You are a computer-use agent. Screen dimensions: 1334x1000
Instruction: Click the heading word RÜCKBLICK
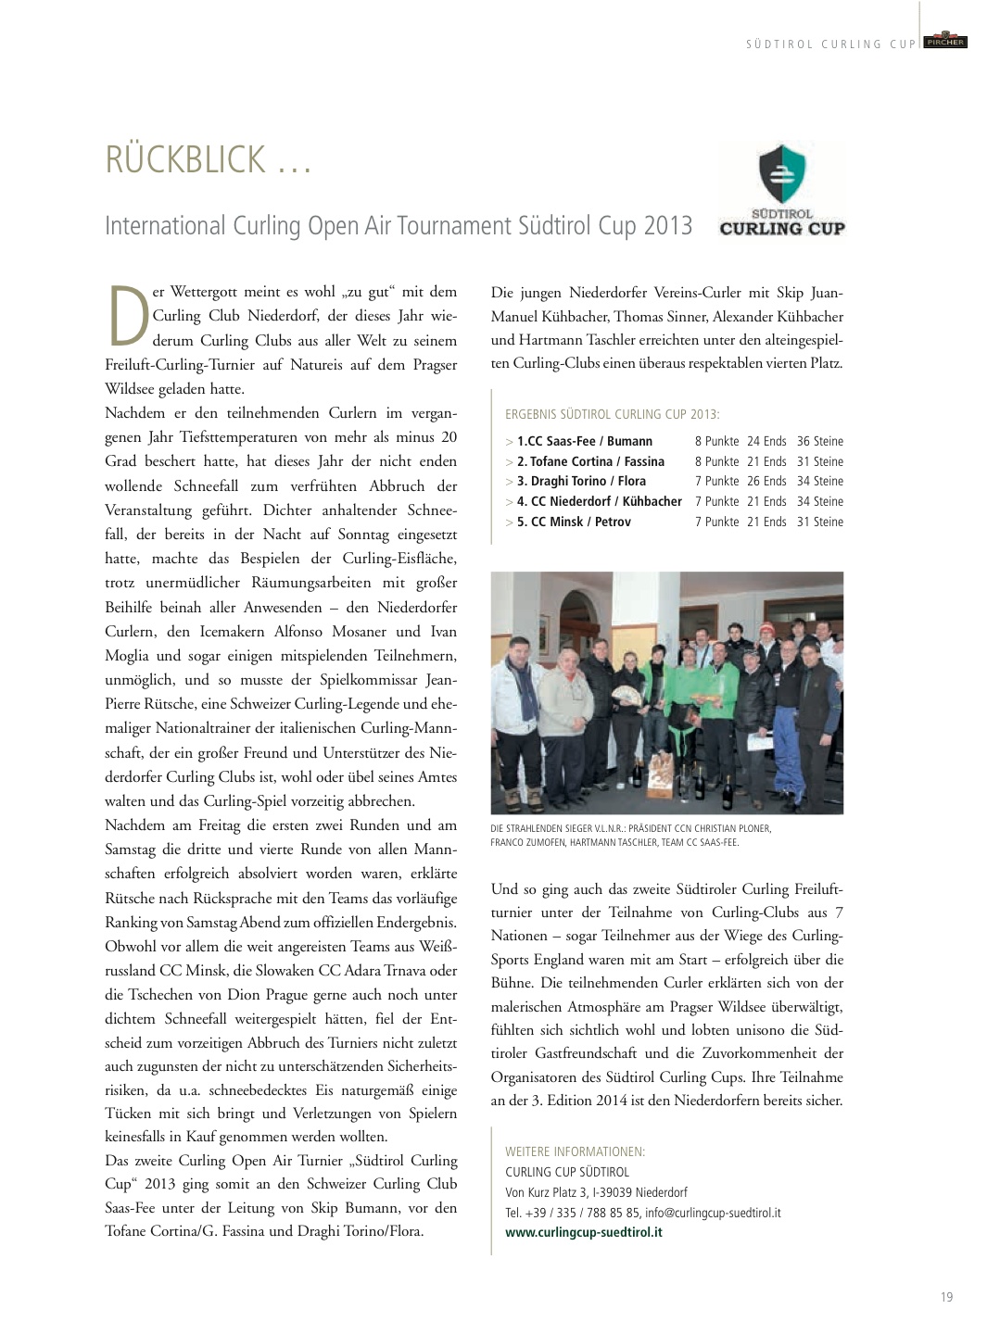tap(185, 159)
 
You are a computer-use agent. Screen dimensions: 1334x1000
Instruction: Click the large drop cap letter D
tap(127, 317)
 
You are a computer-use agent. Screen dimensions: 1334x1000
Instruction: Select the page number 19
tap(946, 1297)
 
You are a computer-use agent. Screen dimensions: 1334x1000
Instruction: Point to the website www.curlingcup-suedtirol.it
tap(583, 1232)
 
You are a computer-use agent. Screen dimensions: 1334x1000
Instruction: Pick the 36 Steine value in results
tap(819, 442)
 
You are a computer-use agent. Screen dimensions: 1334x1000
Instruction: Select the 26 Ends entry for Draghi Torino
tap(766, 482)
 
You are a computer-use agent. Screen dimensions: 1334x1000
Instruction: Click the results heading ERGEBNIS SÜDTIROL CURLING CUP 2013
tap(612, 414)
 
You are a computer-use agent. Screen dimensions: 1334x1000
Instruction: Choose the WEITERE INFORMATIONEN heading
tap(575, 1152)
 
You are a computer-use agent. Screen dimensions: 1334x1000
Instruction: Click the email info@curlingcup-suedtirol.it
tap(713, 1213)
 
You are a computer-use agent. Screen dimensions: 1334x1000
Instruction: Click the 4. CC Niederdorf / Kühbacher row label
tap(599, 502)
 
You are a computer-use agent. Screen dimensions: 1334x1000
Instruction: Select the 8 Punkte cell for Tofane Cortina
tap(716, 461)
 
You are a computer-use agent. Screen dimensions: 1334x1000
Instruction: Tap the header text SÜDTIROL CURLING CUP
tap(830, 44)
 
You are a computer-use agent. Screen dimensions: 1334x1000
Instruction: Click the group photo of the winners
tap(666, 693)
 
